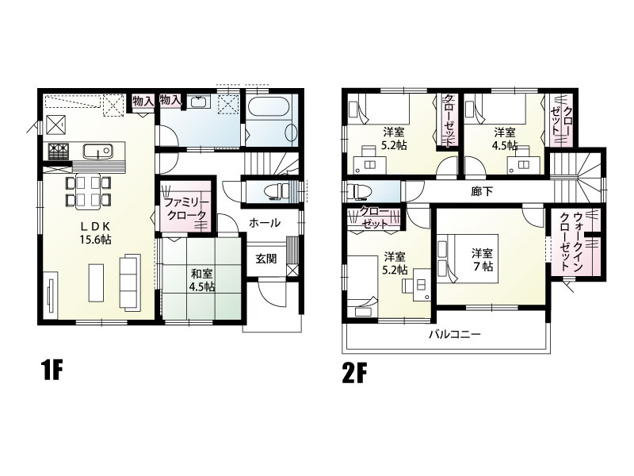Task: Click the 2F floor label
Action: pyautogui.click(x=354, y=373)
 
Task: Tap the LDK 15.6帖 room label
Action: pyautogui.click(x=95, y=232)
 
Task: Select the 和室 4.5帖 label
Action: pyautogui.click(x=202, y=280)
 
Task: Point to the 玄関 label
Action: pyautogui.click(x=266, y=259)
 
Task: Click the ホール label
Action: pyautogui.click(x=265, y=223)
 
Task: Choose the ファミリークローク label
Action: pyautogui.click(x=185, y=209)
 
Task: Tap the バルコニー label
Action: pyautogui.click(x=455, y=334)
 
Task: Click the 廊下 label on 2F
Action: pyautogui.click(x=482, y=191)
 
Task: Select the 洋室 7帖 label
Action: pyautogui.click(x=483, y=260)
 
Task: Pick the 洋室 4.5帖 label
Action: pyautogui.click(x=505, y=138)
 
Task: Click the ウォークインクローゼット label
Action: pyautogui.click(x=571, y=241)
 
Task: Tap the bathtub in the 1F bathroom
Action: pyautogui.click(x=268, y=107)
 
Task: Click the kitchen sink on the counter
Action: pyautogui.click(x=97, y=152)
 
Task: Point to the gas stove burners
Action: pyautogui.click(x=57, y=152)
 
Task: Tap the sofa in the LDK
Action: pyautogui.click(x=129, y=282)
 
